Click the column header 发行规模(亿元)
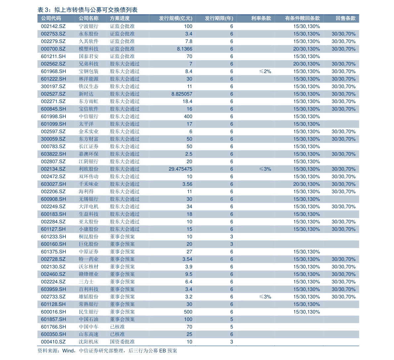coord(175,19)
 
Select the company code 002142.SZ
coord(53,26)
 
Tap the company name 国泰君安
coord(88,56)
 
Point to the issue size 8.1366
coord(184,49)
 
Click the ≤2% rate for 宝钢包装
coord(265,71)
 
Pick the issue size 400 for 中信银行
coord(188,116)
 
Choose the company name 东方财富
coord(88,139)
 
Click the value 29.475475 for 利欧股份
coord(180,169)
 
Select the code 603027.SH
coord(53,184)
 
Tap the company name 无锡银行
coord(88,199)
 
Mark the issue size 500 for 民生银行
coord(188,312)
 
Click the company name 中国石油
coord(88,319)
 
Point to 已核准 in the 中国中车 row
coord(117,327)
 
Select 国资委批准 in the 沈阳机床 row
coord(122,342)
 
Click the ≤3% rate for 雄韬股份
coord(265,297)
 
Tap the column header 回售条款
coord(345,19)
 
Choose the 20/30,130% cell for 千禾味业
coord(306,184)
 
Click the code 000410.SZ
coord(53,342)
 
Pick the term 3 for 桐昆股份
coord(232,237)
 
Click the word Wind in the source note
coord(68,351)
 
